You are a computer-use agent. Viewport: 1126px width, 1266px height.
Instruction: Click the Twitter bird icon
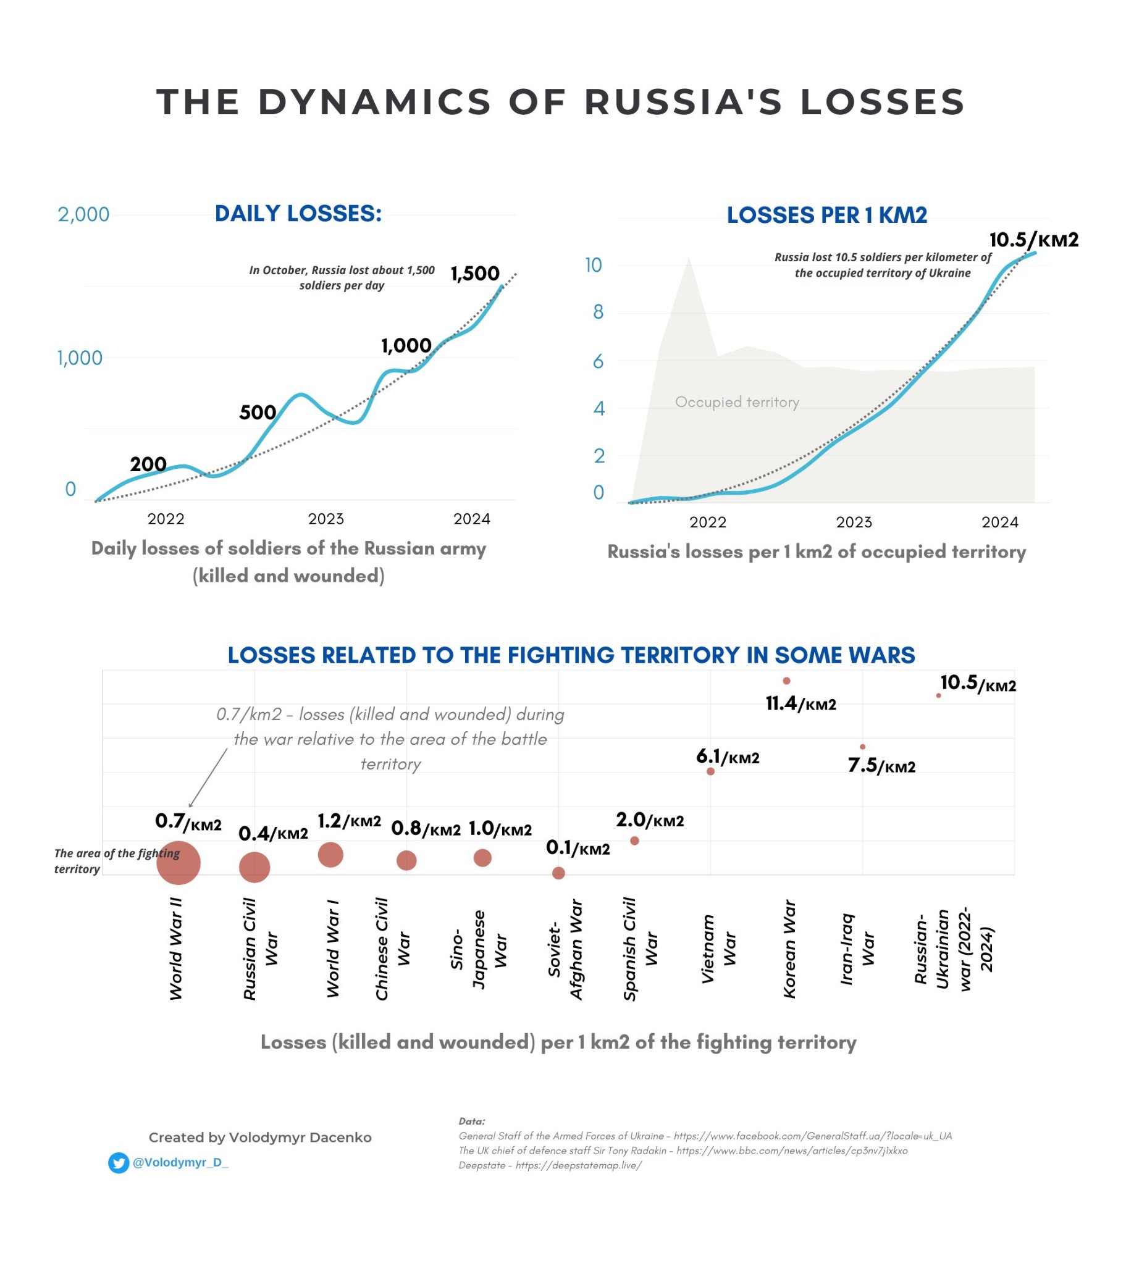click(x=119, y=1163)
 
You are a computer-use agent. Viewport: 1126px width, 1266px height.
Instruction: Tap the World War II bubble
click(x=179, y=862)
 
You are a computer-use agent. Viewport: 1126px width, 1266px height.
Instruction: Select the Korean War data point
click(x=786, y=681)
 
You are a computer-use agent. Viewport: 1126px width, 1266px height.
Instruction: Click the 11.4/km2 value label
click(x=801, y=703)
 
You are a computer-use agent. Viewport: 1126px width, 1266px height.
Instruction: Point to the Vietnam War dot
click(x=710, y=771)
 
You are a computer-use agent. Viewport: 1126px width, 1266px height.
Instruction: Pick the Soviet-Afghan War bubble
click(x=558, y=873)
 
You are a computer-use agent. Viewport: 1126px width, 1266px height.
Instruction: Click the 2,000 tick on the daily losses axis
click(x=83, y=214)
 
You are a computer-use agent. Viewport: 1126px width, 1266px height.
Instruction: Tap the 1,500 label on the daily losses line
click(x=474, y=273)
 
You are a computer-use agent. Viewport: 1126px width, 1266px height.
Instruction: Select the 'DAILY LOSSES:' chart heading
click(x=298, y=213)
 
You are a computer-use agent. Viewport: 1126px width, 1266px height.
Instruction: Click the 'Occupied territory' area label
click(x=737, y=402)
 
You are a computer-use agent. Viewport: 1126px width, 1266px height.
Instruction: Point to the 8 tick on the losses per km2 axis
click(x=598, y=311)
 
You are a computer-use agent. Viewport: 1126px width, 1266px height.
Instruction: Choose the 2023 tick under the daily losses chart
click(x=326, y=518)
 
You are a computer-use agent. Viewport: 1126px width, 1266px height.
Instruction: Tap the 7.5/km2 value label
click(x=881, y=766)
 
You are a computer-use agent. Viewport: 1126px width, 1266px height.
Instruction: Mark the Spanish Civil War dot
click(x=634, y=841)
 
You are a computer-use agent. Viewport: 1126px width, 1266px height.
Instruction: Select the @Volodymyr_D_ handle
click(x=180, y=1163)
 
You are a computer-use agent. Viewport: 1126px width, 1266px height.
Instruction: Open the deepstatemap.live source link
click(x=579, y=1165)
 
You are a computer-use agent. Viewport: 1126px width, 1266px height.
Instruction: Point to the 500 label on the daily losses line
click(x=257, y=412)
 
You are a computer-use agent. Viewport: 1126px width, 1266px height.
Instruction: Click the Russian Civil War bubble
click(x=254, y=866)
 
